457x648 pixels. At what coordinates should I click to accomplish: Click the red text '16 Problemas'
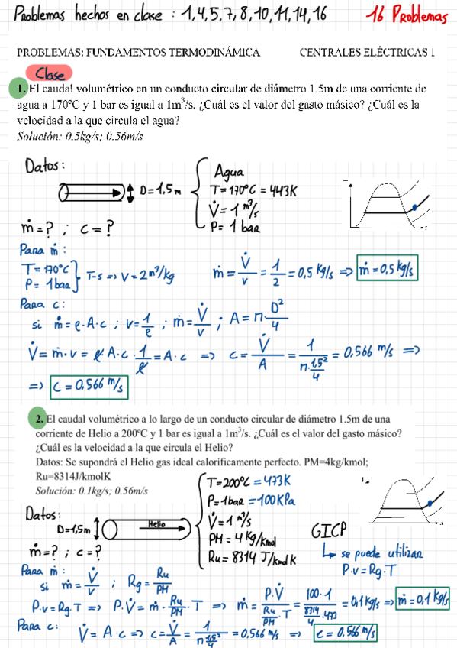(407, 15)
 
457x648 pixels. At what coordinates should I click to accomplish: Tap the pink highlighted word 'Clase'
(51, 74)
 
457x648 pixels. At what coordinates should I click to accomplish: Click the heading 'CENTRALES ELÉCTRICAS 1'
(367, 53)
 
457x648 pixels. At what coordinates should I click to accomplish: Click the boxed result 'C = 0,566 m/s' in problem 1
(89, 386)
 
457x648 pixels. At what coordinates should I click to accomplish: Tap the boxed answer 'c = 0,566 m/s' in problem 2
(346, 632)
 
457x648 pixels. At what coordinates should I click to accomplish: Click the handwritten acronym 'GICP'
(329, 530)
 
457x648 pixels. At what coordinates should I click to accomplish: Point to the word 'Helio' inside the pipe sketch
(157, 525)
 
